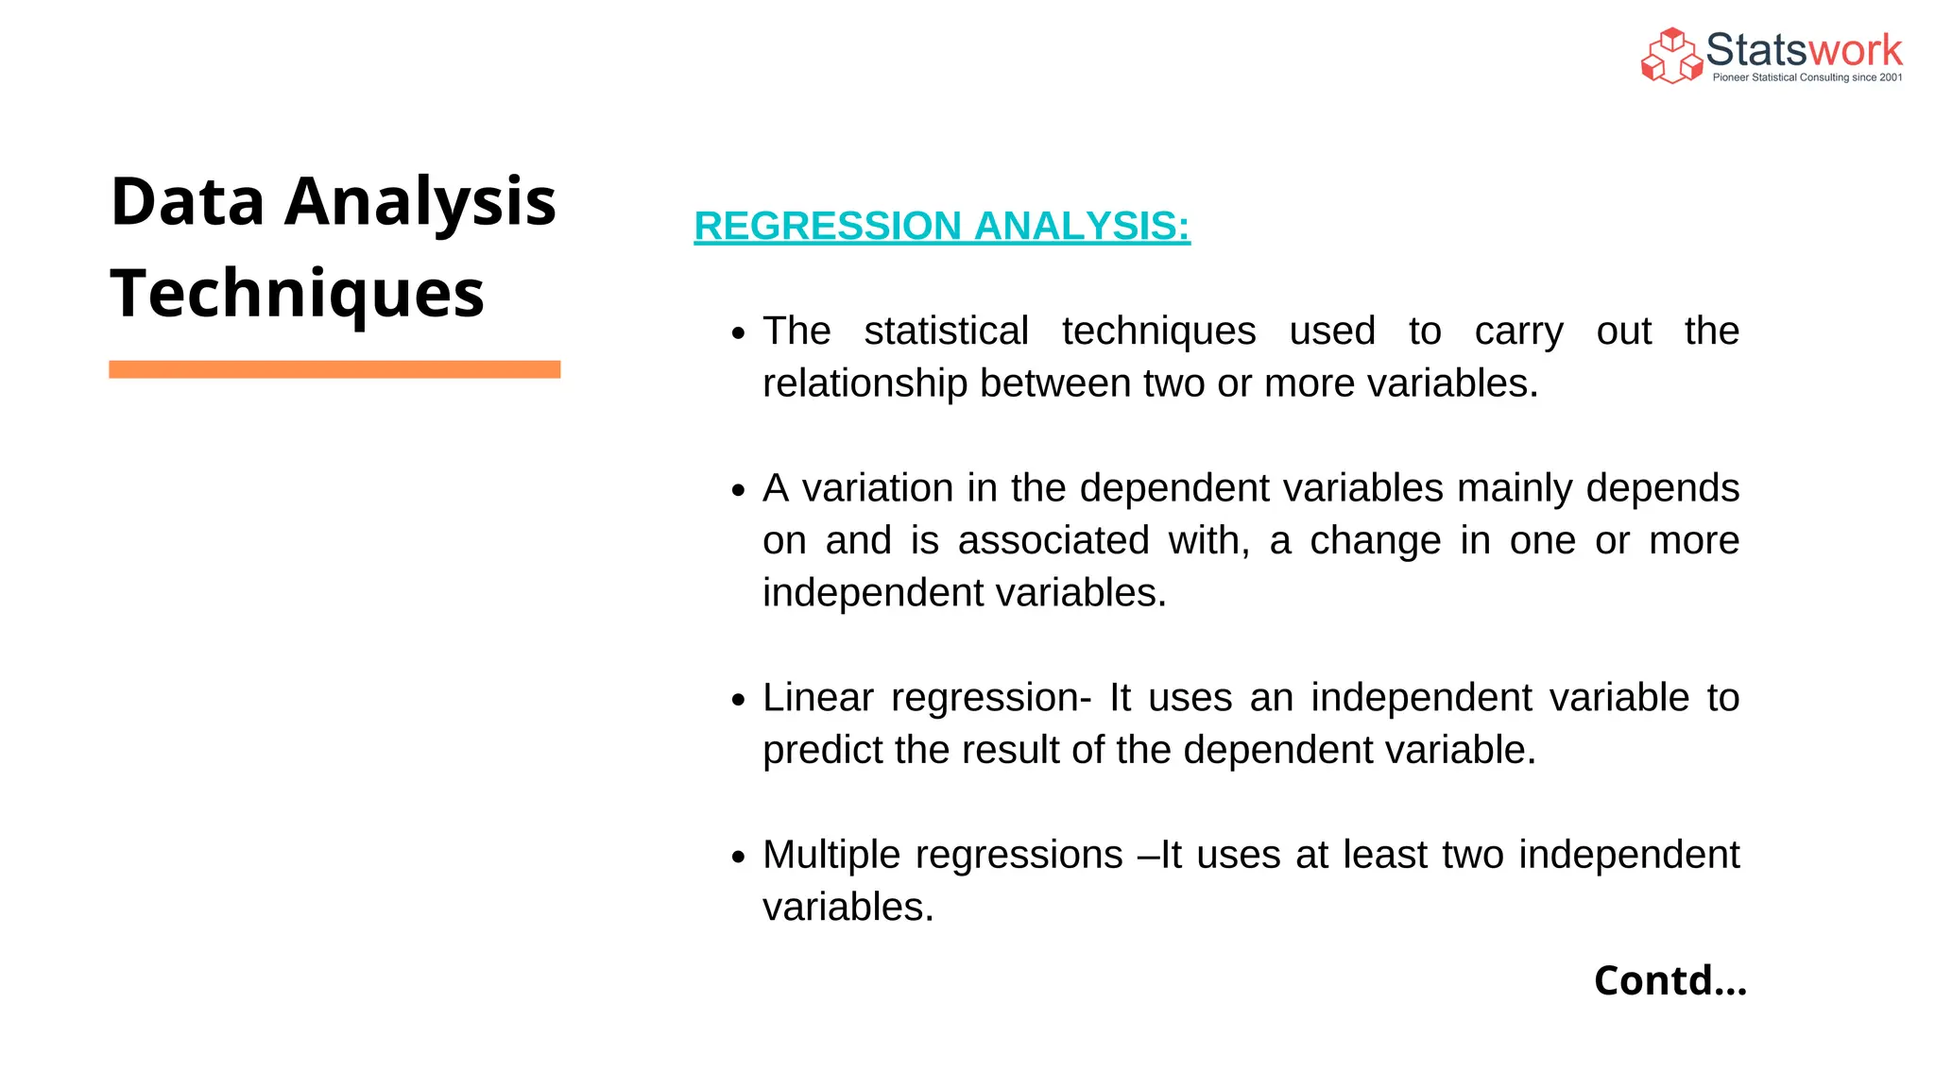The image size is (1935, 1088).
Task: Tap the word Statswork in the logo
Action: [x=1804, y=50]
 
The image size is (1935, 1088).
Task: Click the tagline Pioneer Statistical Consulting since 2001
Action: [x=1807, y=77]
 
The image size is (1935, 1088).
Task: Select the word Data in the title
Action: [x=187, y=201]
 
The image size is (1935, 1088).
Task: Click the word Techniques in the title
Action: [x=297, y=293]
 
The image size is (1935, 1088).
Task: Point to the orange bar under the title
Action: [x=334, y=369]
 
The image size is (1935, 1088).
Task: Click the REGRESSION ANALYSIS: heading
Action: [x=941, y=226]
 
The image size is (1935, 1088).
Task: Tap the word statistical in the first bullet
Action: [x=946, y=331]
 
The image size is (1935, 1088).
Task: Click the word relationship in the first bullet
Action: [x=865, y=383]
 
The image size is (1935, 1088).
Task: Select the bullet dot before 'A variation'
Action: [x=739, y=490]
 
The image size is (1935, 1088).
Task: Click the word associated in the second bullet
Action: [x=1053, y=540]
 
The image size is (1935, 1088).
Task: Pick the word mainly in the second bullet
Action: [x=1515, y=489]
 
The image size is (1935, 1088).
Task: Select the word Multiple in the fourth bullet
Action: [x=831, y=856]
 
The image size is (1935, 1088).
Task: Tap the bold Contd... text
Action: [x=1670, y=980]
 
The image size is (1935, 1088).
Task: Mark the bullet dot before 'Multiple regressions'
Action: [x=739, y=857]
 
